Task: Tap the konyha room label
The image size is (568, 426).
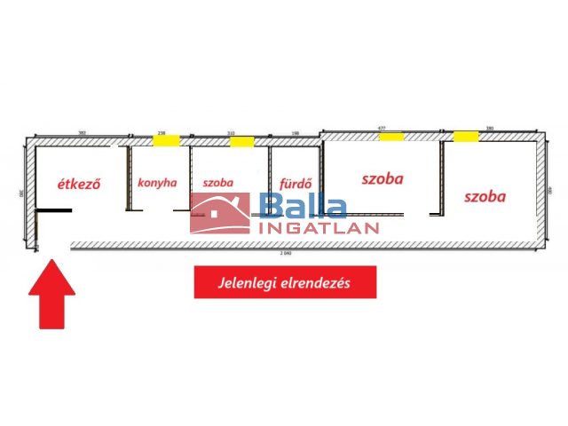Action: coord(157,184)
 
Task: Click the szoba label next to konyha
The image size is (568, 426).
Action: coord(217,184)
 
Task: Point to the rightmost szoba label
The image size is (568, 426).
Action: coord(484,196)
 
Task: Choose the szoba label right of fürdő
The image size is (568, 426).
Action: coord(383,177)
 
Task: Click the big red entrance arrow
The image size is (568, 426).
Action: coord(52,293)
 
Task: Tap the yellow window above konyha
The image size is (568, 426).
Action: coord(165,139)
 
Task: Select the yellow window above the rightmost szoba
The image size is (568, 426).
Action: coord(466,137)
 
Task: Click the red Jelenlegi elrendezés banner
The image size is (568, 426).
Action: coord(285,283)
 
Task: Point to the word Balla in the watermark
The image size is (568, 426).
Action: coord(304,209)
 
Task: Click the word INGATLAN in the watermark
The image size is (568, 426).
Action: coord(319,227)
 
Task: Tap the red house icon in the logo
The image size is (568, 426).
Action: coord(220,213)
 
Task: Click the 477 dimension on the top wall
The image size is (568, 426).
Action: coord(382,130)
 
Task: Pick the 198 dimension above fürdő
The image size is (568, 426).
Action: coord(295,134)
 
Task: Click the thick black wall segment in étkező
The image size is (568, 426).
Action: coord(54,210)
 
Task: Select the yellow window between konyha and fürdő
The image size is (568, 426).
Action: coord(242,140)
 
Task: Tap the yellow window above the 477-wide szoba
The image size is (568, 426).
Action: coord(391,137)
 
